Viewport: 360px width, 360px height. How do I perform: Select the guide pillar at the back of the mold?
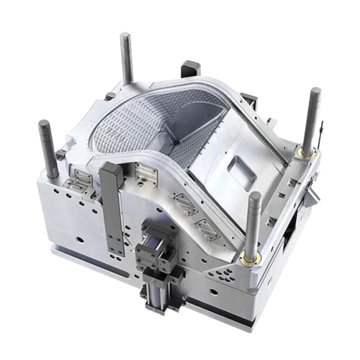126,54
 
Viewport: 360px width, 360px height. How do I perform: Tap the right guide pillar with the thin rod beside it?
314,115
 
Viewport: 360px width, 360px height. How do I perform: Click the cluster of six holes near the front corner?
220,273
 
